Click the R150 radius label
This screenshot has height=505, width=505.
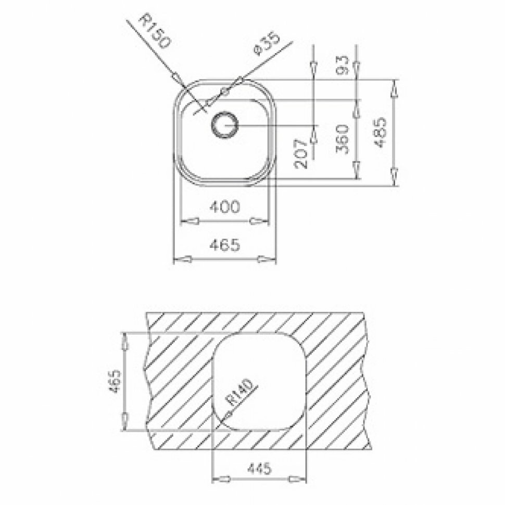coord(154,32)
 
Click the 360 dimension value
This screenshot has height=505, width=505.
coord(342,139)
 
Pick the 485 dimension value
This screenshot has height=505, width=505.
coord(381,132)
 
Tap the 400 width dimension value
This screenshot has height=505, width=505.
coord(225,207)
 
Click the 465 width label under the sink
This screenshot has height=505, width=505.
coord(225,245)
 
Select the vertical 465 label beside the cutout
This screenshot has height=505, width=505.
coord(115,382)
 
